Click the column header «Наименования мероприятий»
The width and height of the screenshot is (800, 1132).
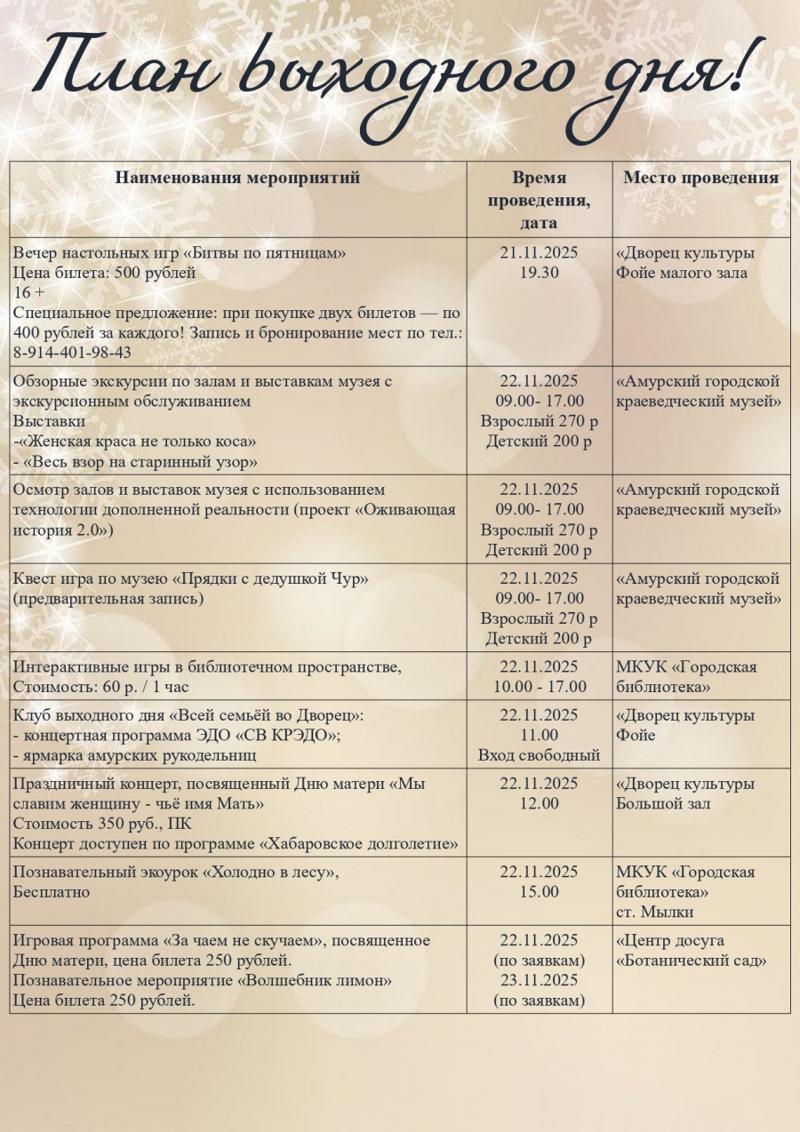pos(237,178)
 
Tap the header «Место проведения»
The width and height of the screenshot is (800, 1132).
pos(700,178)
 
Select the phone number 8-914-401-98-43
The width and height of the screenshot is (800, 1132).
pos(72,353)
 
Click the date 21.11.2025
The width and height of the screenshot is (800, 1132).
pos(539,253)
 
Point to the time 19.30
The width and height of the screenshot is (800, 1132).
pos(539,273)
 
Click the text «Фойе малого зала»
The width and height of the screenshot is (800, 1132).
pos(682,273)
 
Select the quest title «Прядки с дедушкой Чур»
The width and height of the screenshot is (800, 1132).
pos(259,579)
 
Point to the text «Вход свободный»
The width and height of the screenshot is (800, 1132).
pos(539,756)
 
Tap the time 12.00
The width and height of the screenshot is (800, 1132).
pos(539,804)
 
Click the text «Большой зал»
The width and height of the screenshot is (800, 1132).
pos(663,804)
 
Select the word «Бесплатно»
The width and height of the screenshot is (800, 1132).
pos(52,892)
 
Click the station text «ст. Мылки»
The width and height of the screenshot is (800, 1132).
pos(654,913)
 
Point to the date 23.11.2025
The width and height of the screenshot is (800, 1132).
pos(539,981)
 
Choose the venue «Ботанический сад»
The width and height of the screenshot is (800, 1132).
pos(692,961)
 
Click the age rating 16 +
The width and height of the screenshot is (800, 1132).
pos(29,292)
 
